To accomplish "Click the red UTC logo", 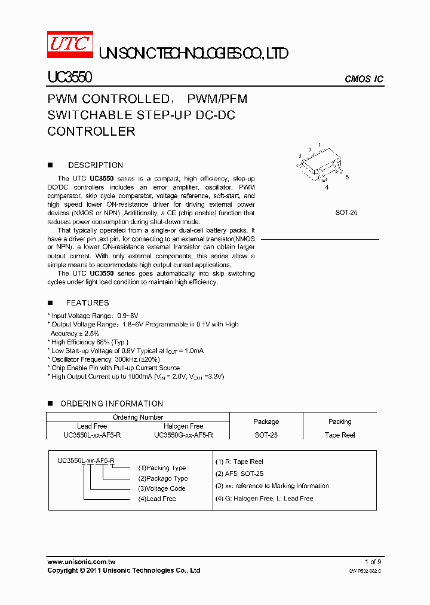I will point(70,45).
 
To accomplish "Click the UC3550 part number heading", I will point(69,78).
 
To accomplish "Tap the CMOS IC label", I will point(364,80).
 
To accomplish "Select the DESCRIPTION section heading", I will point(96,165).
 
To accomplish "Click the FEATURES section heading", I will point(88,303).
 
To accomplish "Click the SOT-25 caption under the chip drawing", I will point(346,212).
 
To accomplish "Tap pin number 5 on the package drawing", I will point(347,178).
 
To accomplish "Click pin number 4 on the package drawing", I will point(327,187).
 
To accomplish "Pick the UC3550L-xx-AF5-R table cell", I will point(92,435).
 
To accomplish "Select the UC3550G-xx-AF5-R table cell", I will point(183,435).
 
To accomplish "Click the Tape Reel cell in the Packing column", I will point(340,435).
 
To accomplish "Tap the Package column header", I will point(266,421).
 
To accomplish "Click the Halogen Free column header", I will point(183,426).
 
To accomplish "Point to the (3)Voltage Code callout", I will point(162,488).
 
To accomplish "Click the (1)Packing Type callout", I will point(162,468).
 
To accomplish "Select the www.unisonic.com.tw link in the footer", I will point(81,562).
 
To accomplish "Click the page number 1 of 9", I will point(373,562).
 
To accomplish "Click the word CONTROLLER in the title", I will point(91,132).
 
